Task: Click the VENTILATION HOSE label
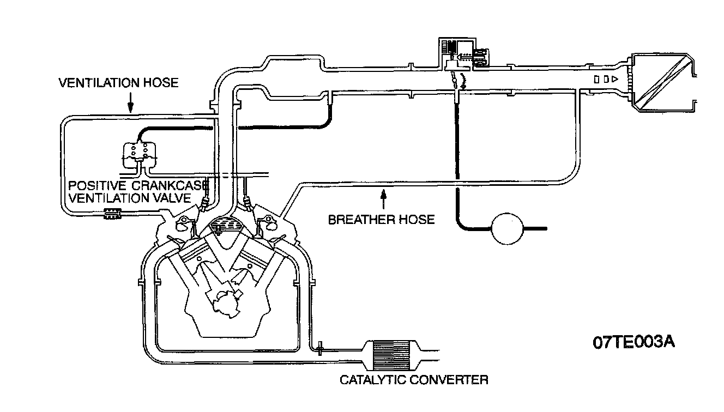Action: (x=118, y=83)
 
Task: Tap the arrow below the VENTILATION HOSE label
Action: (x=130, y=102)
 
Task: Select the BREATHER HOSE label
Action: (x=381, y=220)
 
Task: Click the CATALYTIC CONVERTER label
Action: (x=414, y=380)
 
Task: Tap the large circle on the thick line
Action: (x=507, y=228)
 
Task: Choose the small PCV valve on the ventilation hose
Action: (x=112, y=215)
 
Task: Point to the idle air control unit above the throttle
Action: (x=462, y=55)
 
